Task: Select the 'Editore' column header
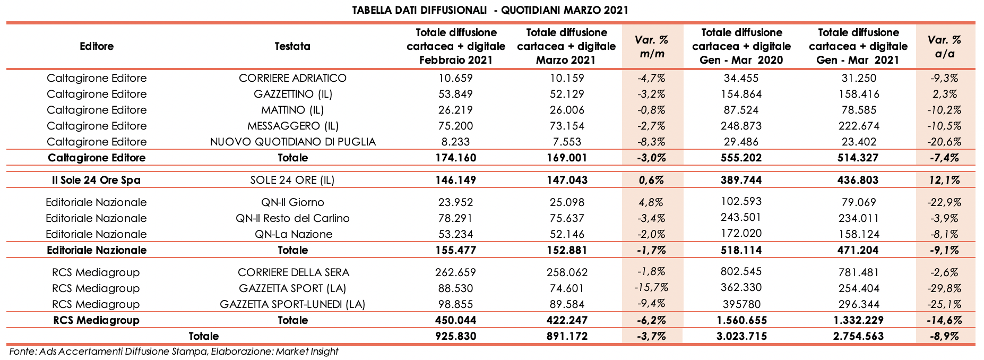click(97, 46)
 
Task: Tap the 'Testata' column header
click(292, 46)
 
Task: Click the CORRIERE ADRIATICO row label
click(292, 78)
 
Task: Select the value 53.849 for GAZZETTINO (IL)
click(455, 94)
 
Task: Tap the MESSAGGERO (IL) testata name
click(292, 126)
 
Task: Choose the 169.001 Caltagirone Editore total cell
click(566, 158)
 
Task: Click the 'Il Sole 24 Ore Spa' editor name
click(97, 180)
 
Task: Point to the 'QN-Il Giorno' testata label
click(292, 202)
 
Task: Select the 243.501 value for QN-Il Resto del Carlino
click(741, 218)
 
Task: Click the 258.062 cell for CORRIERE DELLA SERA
click(566, 272)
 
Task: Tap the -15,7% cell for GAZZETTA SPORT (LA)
click(651, 288)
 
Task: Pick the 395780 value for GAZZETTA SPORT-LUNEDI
click(741, 304)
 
